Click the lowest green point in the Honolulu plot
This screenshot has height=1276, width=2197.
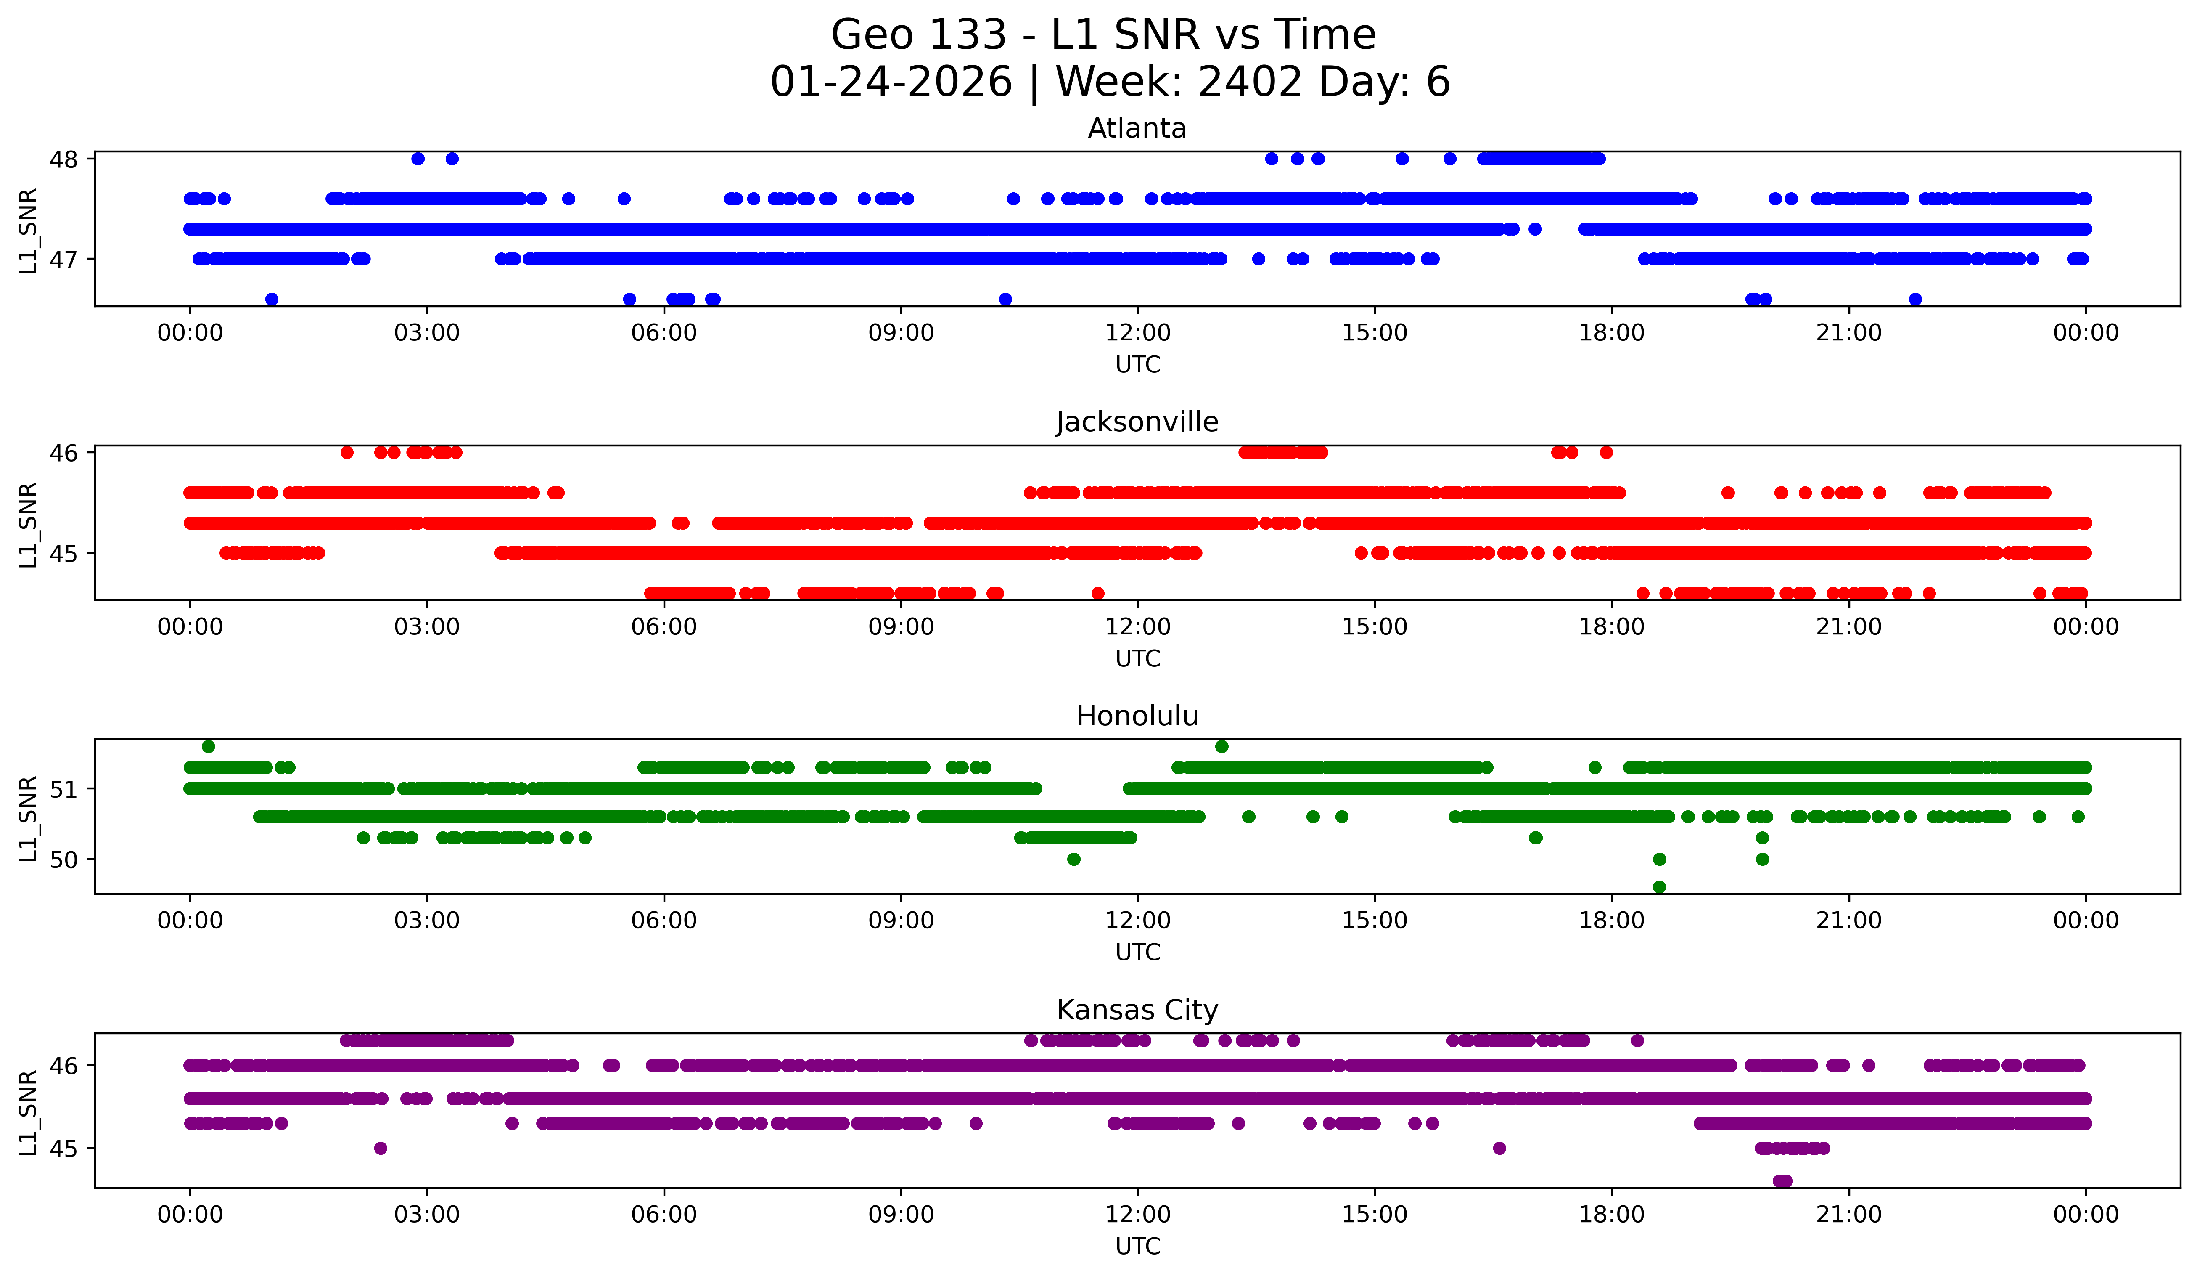click(1659, 887)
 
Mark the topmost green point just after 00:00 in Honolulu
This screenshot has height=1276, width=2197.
click(209, 747)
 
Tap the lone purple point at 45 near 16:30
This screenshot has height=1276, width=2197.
click(1499, 1148)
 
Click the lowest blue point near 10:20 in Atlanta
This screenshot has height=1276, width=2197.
click(1005, 299)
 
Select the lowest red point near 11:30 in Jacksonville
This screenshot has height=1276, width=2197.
click(1097, 593)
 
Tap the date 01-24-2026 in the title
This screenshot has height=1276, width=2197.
click(891, 82)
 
